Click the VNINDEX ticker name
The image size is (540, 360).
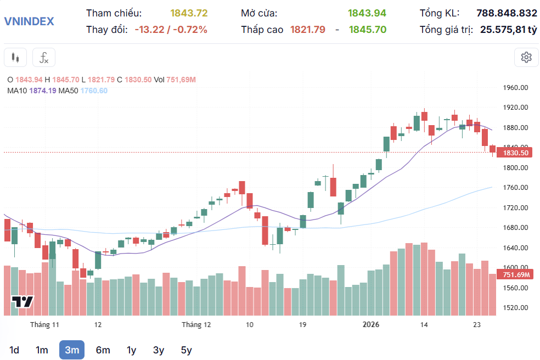(29, 21)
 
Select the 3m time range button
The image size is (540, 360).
(72, 350)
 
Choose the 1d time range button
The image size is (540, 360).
(14, 350)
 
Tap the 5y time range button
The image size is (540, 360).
(186, 350)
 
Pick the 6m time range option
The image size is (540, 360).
(103, 350)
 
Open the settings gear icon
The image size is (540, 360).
(526, 57)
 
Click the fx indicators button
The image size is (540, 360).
(44, 57)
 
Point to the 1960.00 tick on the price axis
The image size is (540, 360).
(515, 88)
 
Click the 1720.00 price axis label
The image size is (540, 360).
(515, 208)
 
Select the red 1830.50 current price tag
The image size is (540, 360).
(515, 153)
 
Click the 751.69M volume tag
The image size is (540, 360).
(515, 275)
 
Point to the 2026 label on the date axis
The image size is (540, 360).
(372, 325)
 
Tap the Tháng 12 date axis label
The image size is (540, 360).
(196, 325)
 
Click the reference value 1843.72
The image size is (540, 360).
(189, 13)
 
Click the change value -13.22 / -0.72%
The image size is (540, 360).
(171, 30)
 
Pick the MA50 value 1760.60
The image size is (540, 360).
(94, 91)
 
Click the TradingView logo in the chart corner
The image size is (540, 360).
(23, 302)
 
